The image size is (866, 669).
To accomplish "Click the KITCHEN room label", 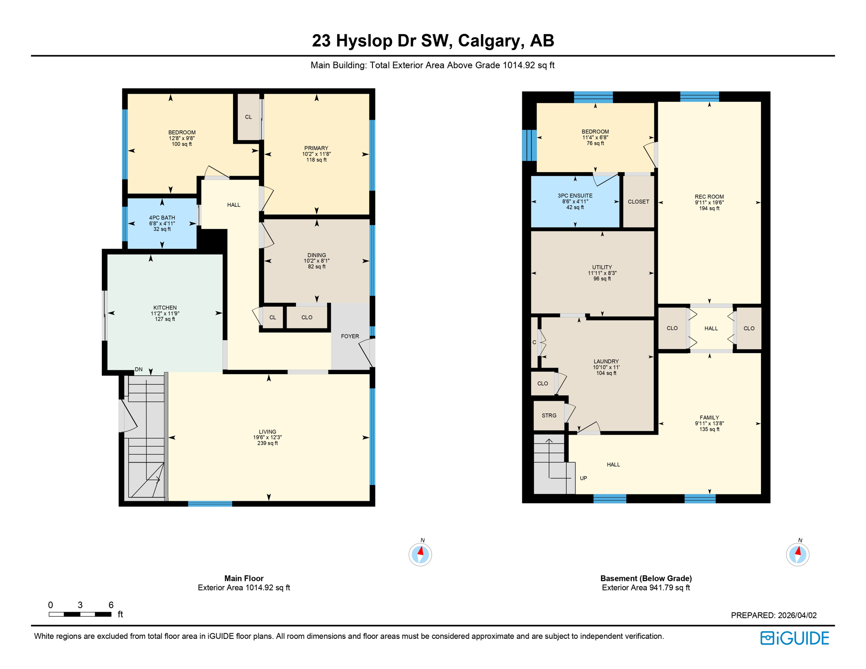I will [x=165, y=307].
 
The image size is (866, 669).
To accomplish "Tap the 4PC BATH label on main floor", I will [x=162, y=218].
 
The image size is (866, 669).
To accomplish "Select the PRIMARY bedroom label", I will [x=316, y=148].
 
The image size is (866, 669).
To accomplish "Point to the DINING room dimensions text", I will [x=317, y=261].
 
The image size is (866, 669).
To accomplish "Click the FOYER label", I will [x=350, y=336].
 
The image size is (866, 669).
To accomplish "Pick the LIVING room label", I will [x=267, y=432].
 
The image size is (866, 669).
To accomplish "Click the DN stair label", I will [x=139, y=369].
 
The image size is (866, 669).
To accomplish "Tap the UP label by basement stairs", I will [x=583, y=478].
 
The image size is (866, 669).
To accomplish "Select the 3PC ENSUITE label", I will [x=575, y=196].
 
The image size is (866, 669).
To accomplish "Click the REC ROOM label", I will [x=709, y=197].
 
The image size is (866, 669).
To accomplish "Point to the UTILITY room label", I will [x=602, y=267].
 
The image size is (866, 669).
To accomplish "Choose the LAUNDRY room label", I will [x=606, y=362].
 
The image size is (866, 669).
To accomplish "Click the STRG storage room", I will [x=549, y=416].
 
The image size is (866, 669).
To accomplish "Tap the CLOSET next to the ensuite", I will [x=638, y=202].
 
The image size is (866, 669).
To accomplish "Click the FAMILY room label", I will [x=709, y=418].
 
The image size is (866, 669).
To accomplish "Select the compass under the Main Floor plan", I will [x=420, y=554].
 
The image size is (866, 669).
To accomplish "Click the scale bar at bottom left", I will [x=80, y=614].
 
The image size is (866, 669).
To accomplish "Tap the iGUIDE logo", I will [x=795, y=638].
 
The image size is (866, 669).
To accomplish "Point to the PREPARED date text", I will [x=774, y=615].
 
